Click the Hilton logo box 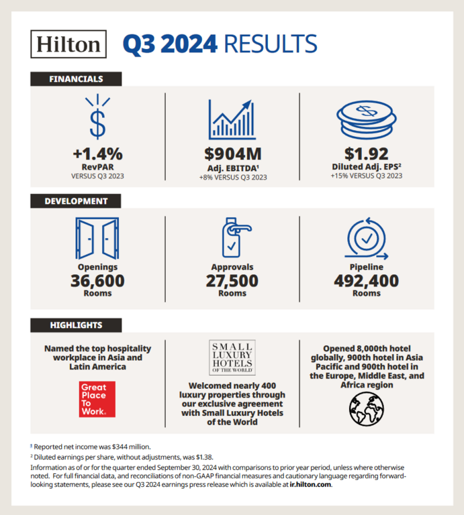coord(68,44)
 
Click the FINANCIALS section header coord(76,79)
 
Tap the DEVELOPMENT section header coord(76,201)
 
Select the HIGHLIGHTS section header coord(76,325)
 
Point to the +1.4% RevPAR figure coord(98,154)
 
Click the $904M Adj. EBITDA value coord(232,154)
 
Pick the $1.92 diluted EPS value coord(366,154)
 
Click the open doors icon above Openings coord(98,238)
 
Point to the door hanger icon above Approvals coord(232,239)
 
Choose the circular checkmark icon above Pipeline coord(366,239)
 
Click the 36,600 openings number coord(98,280)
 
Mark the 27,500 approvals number coord(232,280)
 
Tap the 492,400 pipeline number coord(366,280)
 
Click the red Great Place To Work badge coord(97,400)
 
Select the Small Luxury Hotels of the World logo coord(232,357)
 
